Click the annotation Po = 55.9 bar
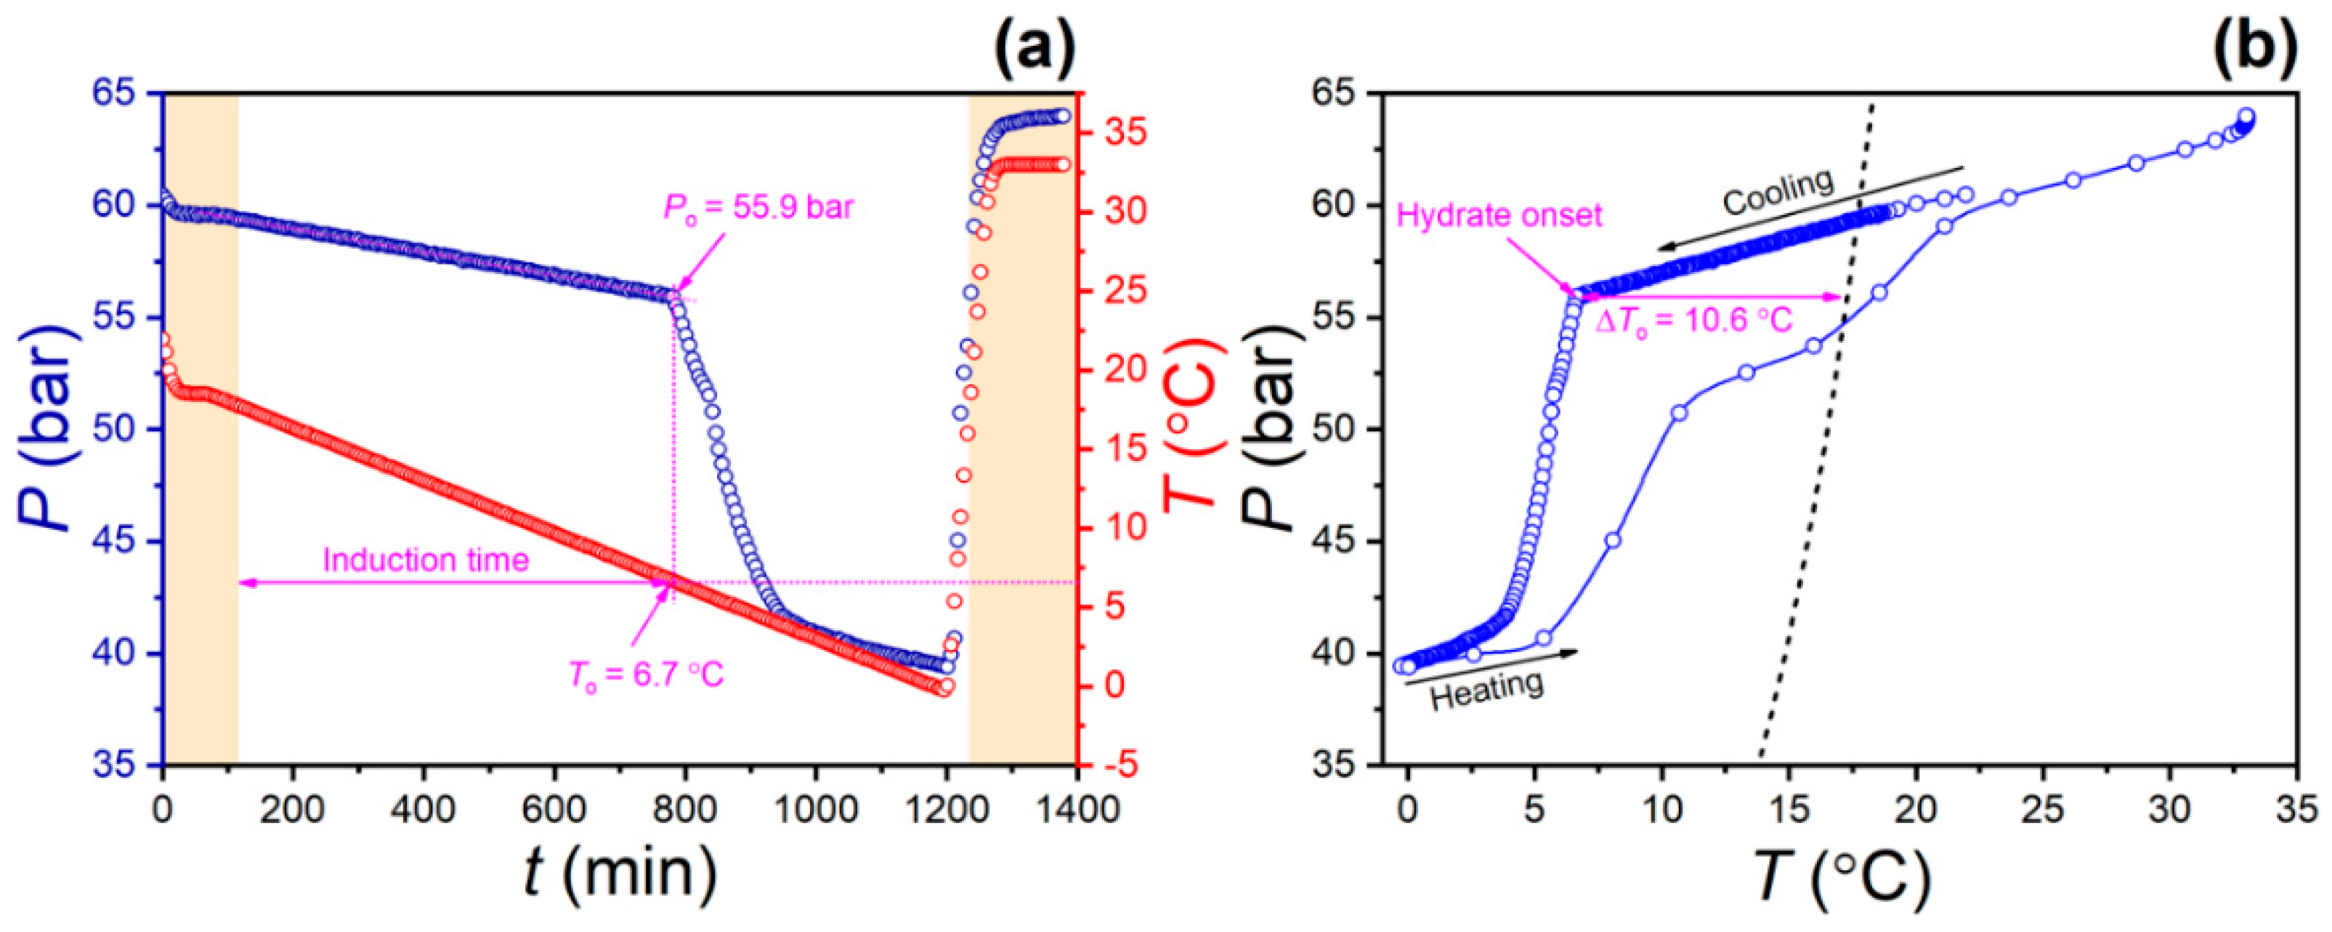(x=758, y=209)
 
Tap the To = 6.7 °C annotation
(x=647, y=675)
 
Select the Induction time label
(x=426, y=560)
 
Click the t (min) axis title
(x=621, y=873)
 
